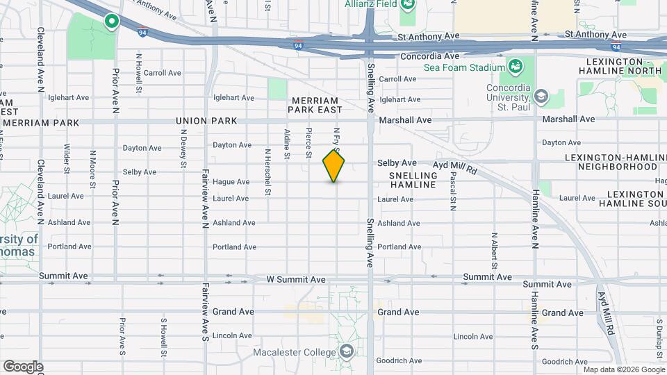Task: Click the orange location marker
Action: (x=333, y=166)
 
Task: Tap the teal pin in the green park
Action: (x=110, y=22)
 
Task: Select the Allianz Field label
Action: (x=371, y=4)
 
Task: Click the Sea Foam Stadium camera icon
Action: (x=515, y=67)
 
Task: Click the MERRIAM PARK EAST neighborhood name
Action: (x=315, y=106)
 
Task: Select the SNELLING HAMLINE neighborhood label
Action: (x=413, y=180)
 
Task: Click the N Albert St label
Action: (x=494, y=250)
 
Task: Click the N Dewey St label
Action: (x=184, y=147)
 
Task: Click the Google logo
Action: (x=23, y=367)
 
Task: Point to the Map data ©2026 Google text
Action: (x=623, y=369)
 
